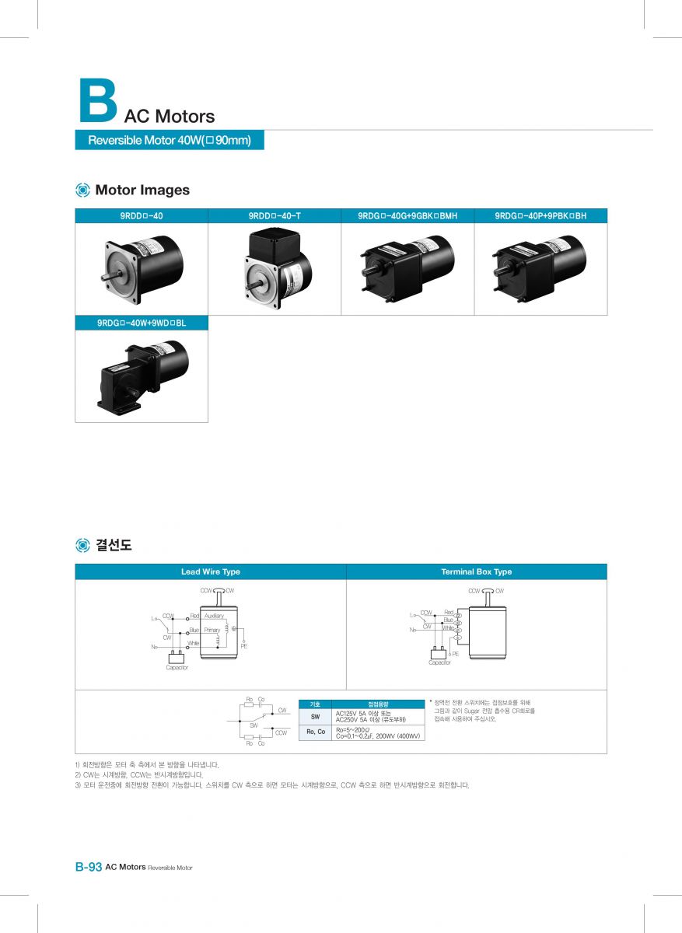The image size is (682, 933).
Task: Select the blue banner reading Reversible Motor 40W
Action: pyautogui.click(x=170, y=141)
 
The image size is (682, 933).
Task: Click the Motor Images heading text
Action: pyautogui.click(x=142, y=190)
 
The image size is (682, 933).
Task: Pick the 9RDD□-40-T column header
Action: pyautogui.click(x=276, y=216)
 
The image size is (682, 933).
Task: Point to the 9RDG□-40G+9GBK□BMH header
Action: pyautogui.click(x=408, y=216)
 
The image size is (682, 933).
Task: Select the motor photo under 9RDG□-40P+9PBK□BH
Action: pyautogui.click(x=540, y=267)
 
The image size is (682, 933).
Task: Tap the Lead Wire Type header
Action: pyautogui.click(x=211, y=572)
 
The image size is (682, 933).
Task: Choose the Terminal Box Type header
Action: pyautogui.click(x=476, y=572)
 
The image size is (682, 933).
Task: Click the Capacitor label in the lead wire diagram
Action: pyautogui.click(x=177, y=668)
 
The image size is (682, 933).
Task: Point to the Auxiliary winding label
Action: pyautogui.click(x=214, y=616)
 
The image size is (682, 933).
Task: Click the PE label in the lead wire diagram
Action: pyautogui.click(x=243, y=646)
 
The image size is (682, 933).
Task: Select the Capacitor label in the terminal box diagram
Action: pyautogui.click(x=439, y=662)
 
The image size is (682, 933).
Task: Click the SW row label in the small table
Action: pyautogui.click(x=315, y=716)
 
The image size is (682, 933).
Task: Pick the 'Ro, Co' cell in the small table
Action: pyautogui.click(x=315, y=732)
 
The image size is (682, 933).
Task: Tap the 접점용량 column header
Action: pyautogui.click(x=378, y=704)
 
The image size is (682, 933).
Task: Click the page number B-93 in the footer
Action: pyautogui.click(x=89, y=867)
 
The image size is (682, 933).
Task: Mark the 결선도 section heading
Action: pyautogui.click(x=114, y=546)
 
